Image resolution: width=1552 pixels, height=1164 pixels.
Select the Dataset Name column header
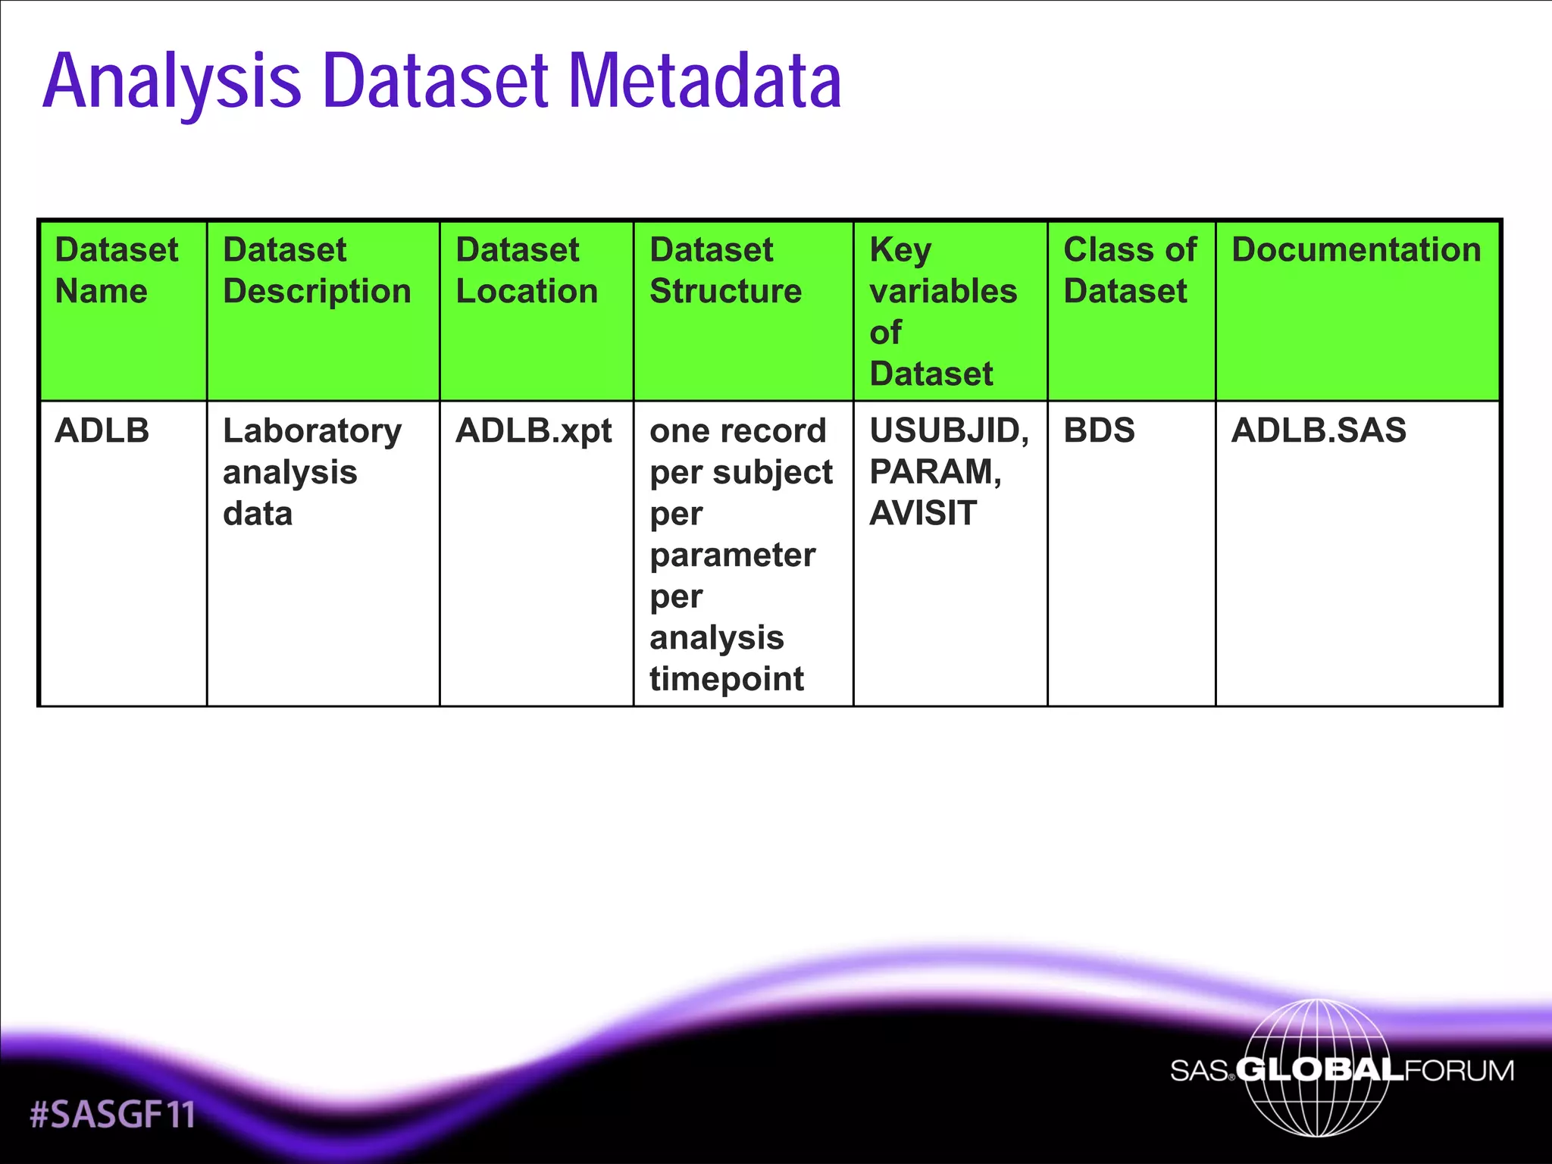click(117, 271)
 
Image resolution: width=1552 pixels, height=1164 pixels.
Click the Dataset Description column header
click(317, 271)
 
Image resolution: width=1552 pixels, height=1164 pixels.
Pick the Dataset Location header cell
click(527, 271)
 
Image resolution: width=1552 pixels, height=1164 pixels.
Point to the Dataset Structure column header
click(725, 271)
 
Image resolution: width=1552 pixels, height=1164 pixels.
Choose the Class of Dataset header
click(1129, 271)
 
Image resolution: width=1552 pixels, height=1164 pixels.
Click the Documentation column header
click(1356, 250)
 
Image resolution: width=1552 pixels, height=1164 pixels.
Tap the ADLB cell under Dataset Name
click(102, 430)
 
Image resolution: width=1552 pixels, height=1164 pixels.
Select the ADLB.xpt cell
click(533, 431)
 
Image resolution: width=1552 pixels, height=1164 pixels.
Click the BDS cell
click(1099, 430)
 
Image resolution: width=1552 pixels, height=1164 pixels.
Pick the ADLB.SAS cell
click(1319, 430)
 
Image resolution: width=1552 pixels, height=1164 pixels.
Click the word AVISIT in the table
click(923, 513)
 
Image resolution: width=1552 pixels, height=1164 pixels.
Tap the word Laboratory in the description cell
click(312, 431)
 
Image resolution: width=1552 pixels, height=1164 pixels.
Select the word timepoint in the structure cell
click(726, 679)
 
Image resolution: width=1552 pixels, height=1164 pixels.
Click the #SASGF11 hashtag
click(112, 1115)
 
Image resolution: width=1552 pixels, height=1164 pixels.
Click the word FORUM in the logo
click(1459, 1071)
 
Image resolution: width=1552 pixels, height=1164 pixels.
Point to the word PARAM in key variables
click(932, 472)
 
